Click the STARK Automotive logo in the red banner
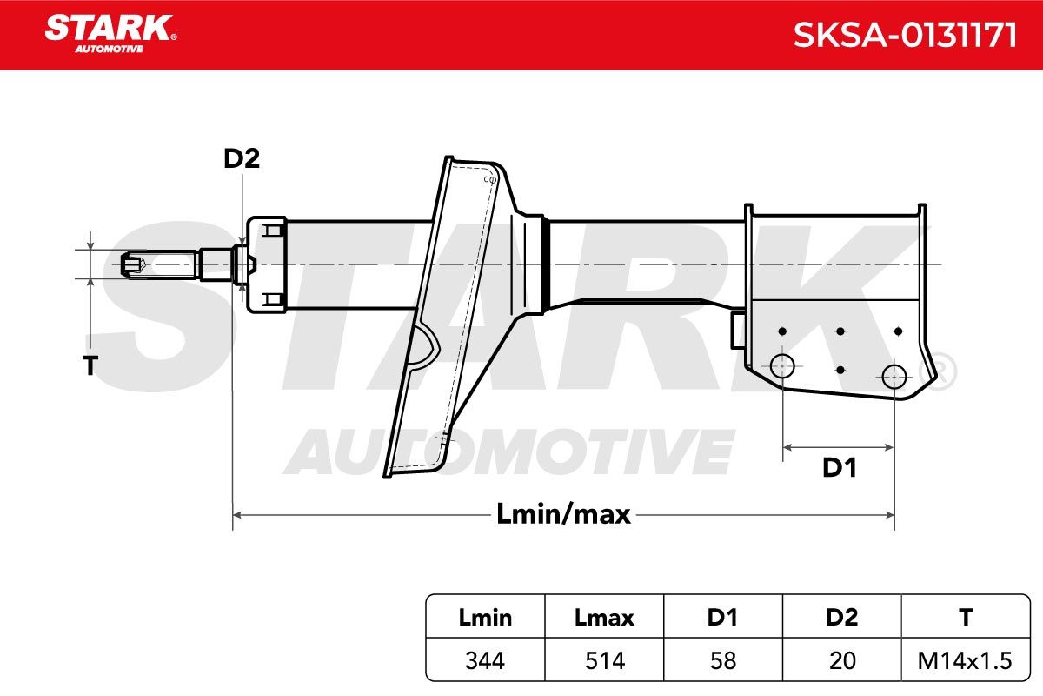[110, 34]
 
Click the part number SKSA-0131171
[905, 36]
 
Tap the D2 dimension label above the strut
[242, 158]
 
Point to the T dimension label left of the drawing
[90, 365]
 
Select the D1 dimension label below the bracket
[839, 467]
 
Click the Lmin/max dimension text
[563, 514]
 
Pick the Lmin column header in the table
[485, 618]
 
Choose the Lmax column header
[604, 618]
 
